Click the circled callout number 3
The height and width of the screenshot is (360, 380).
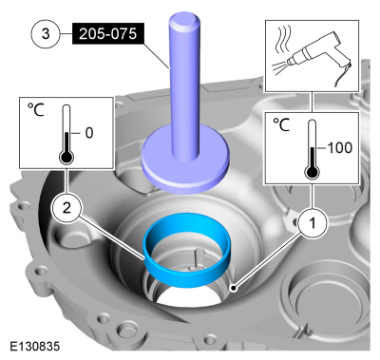click(x=46, y=33)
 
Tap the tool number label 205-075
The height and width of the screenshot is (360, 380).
click(x=108, y=33)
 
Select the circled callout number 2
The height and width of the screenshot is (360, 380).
click(x=66, y=209)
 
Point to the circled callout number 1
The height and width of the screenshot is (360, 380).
click(x=313, y=223)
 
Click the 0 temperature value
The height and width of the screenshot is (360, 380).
click(x=89, y=133)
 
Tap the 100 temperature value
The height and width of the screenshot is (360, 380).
click(x=339, y=148)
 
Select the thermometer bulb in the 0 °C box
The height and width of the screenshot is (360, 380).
click(x=66, y=157)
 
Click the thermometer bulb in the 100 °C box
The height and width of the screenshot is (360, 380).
click(x=312, y=173)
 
